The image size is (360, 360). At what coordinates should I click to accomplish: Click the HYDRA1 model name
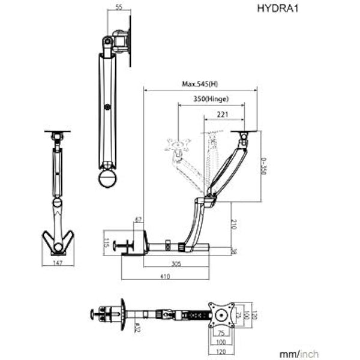[278, 8]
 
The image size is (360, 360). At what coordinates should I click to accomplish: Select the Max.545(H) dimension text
[200, 85]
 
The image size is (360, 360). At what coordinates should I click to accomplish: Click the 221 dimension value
[223, 114]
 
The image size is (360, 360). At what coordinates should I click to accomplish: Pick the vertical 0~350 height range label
[263, 166]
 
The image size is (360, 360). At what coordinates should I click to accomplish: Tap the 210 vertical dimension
[235, 224]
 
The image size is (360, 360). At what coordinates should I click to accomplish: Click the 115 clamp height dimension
[105, 242]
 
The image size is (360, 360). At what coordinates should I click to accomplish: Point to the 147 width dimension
[58, 263]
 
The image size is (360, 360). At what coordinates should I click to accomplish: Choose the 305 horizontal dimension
[176, 263]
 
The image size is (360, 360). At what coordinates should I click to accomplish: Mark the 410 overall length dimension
[165, 277]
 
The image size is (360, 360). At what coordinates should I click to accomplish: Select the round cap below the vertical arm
[109, 178]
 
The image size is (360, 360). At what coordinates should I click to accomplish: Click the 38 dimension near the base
[235, 251]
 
